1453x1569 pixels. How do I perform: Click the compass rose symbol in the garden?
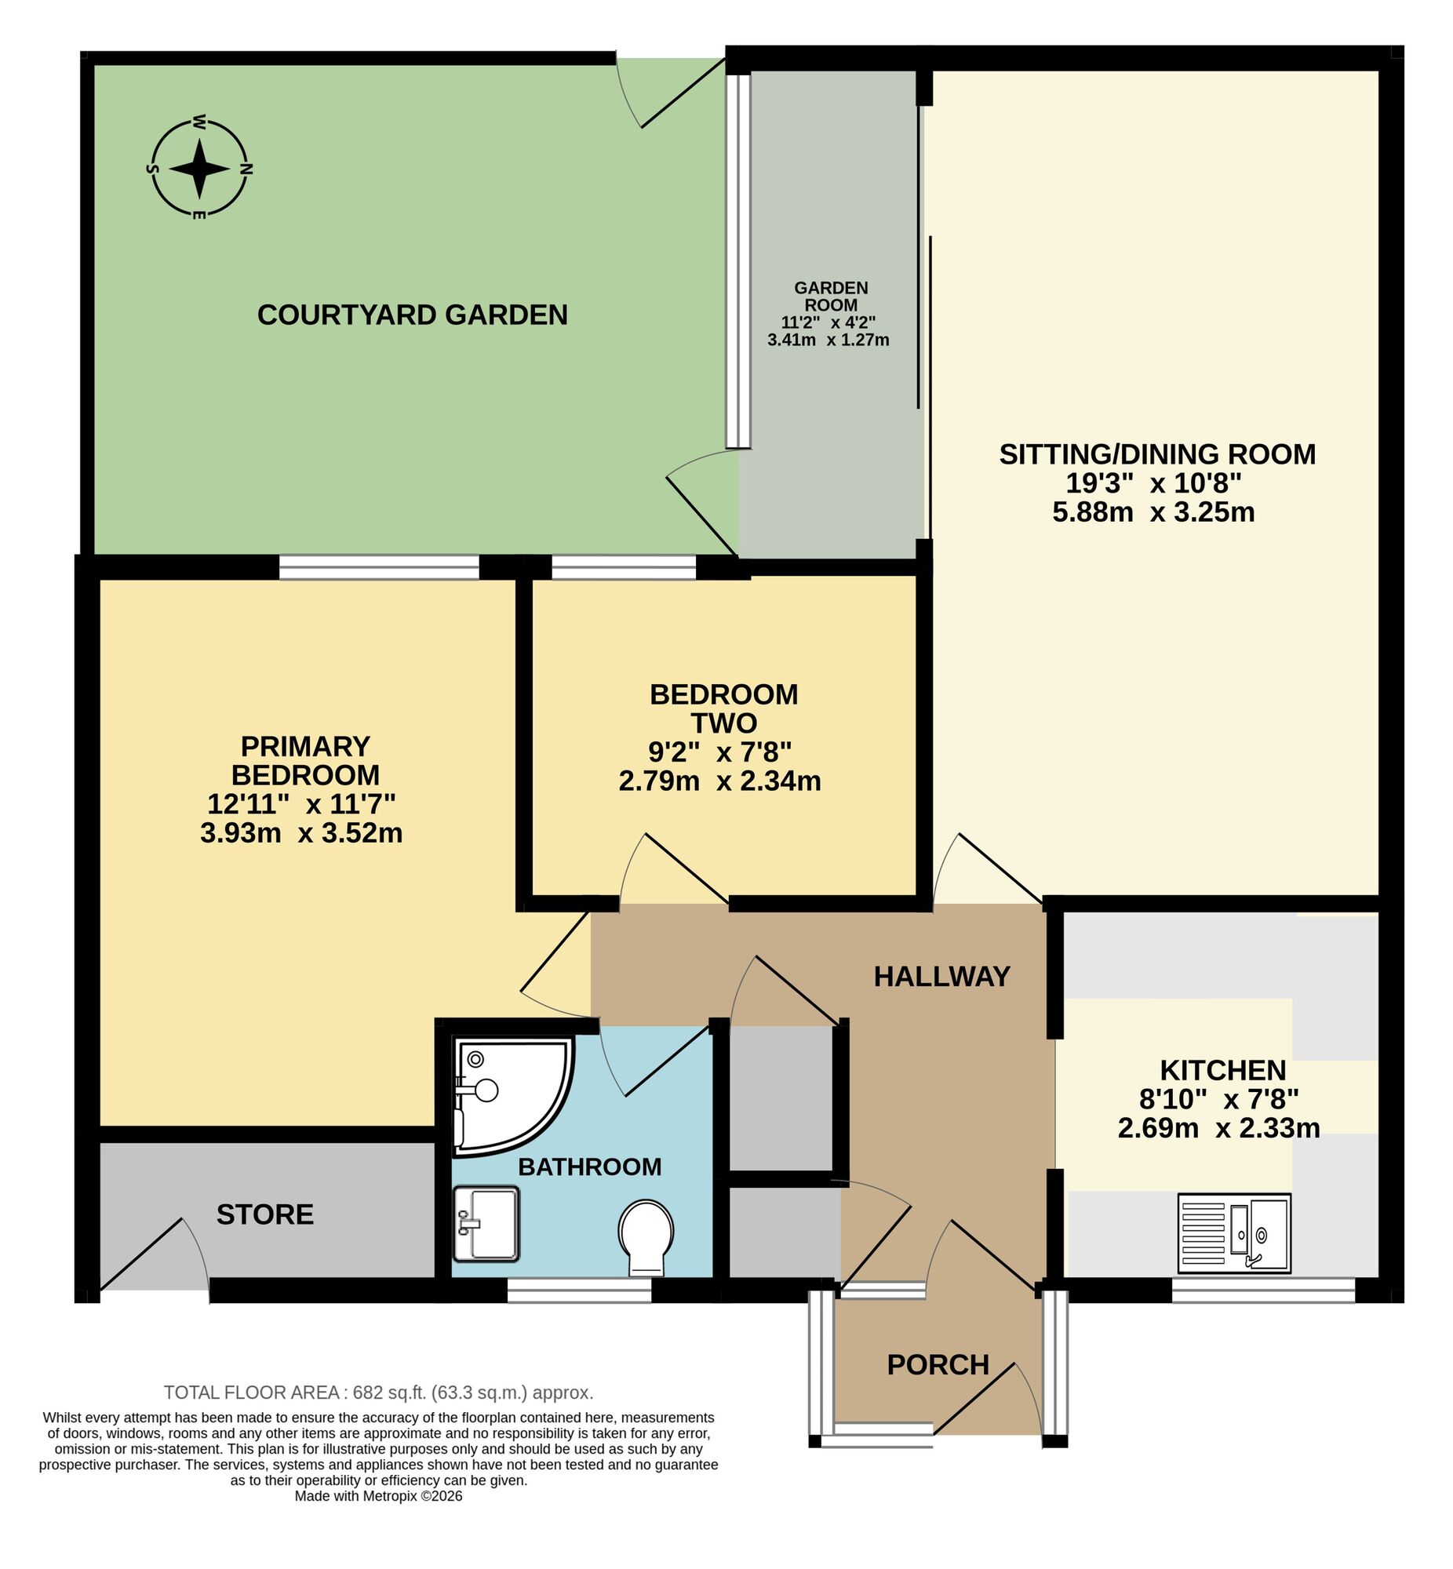point(200,168)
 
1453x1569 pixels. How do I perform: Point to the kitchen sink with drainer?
point(1233,1232)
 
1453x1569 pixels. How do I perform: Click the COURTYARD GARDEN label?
point(412,315)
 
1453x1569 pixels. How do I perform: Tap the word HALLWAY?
point(941,976)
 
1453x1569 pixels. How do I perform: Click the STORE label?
point(265,1214)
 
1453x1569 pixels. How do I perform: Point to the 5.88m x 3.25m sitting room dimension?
point(1153,512)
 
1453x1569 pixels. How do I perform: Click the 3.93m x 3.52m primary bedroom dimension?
point(301,832)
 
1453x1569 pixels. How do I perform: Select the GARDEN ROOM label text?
point(830,297)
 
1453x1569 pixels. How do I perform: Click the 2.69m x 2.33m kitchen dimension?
point(1218,1128)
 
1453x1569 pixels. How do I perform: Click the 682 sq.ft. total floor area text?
point(378,1393)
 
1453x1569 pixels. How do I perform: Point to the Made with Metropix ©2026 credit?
point(378,1497)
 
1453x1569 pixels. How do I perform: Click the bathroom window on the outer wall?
point(579,1291)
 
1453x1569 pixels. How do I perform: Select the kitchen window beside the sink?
point(1262,1291)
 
